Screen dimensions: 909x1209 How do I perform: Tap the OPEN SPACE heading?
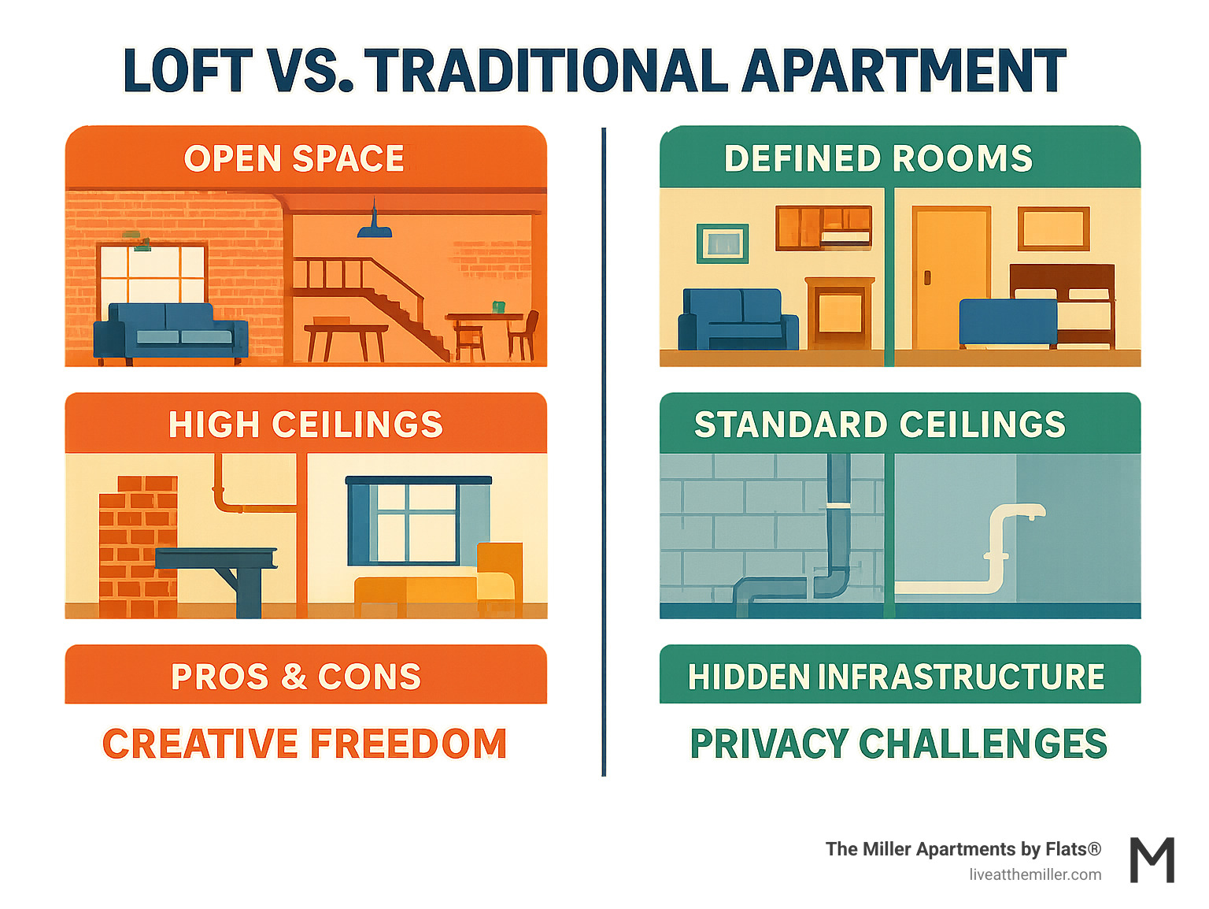294,158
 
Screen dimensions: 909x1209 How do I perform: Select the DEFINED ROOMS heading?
878,158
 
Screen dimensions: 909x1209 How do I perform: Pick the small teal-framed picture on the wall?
722,243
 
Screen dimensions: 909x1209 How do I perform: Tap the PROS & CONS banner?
296,676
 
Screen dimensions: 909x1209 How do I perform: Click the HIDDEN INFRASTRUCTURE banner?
897,676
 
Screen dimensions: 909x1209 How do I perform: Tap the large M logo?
1152,860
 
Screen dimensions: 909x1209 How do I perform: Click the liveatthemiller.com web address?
1035,874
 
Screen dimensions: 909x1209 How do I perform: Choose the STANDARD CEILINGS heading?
879,425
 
